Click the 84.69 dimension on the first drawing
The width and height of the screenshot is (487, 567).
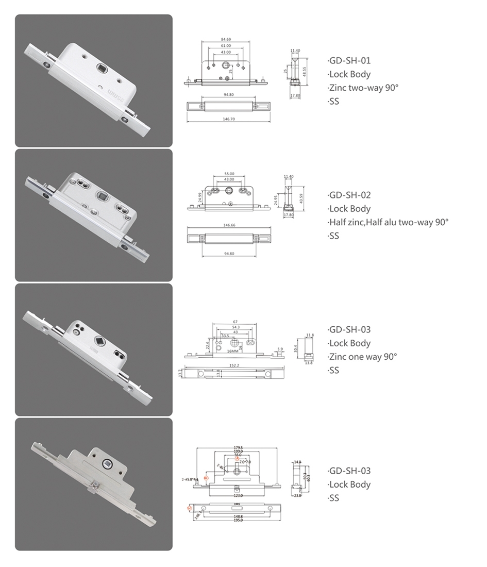[x=225, y=39]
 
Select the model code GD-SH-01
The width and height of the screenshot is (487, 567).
[x=350, y=60]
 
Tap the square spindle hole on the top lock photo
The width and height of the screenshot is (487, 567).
[x=102, y=68]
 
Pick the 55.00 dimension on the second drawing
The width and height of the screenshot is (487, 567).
[x=229, y=174]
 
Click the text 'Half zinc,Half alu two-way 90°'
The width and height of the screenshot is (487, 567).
[x=389, y=222]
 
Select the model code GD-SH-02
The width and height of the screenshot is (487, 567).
[x=350, y=195]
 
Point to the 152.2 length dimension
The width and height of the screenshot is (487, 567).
[x=234, y=365]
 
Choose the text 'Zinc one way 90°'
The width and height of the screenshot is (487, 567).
[x=363, y=357]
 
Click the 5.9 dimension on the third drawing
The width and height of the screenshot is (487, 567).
[x=280, y=349]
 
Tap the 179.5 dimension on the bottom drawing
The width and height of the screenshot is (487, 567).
[x=238, y=448]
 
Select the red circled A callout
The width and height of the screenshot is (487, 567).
[x=238, y=458]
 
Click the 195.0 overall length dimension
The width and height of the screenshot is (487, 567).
[x=238, y=520]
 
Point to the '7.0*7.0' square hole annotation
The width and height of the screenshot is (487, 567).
[x=245, y=462]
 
